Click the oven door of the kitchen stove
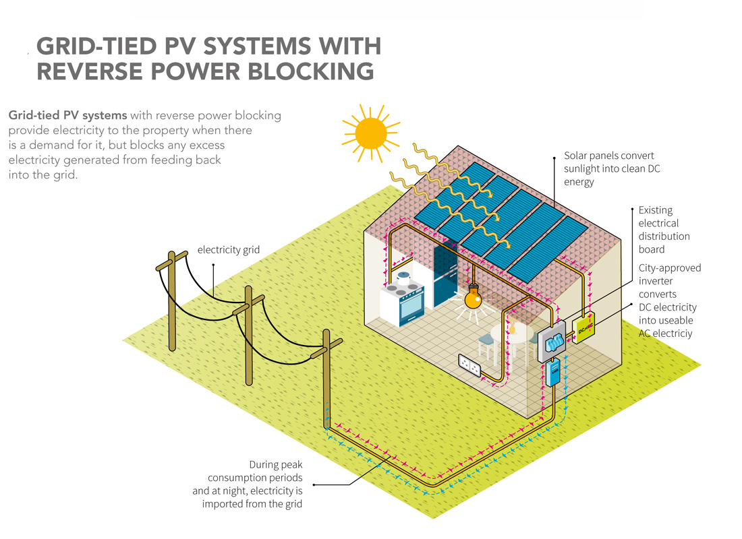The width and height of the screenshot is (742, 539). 408,313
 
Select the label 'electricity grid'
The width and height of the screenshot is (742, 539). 229,250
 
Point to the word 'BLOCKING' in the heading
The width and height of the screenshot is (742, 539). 308,70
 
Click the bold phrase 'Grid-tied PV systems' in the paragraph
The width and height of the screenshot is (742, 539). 67,115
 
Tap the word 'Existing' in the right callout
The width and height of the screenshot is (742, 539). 655,210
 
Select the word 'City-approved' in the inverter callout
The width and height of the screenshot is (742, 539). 670,268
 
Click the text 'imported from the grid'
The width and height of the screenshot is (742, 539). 252,503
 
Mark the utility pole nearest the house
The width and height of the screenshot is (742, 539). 326,377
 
